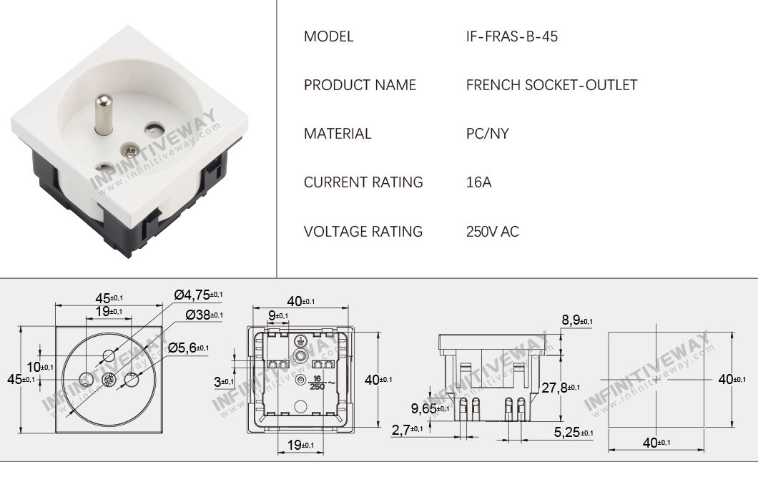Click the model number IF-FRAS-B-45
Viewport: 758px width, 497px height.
(511, 36)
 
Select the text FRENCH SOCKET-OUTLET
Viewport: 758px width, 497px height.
(551, 85)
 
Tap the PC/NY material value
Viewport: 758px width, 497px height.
(487, 134)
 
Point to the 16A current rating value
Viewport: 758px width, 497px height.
(478, 182)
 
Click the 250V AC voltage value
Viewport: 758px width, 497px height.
(492, 232)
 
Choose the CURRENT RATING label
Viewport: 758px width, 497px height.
(363, 182)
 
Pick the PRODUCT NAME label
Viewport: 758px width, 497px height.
(360, 85)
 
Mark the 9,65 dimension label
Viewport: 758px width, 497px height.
(426, 408)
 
